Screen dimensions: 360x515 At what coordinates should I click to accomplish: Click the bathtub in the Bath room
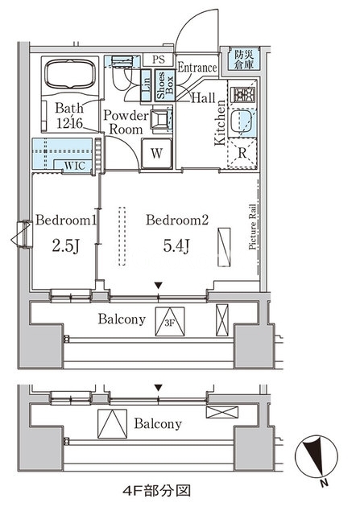[70, 74]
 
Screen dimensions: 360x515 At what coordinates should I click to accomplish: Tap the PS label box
[159, 60]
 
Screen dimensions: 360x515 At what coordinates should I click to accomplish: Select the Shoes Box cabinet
[165, 85]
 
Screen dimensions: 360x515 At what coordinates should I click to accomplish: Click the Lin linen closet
[146, 85]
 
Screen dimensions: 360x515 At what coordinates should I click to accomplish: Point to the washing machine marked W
[157, 154]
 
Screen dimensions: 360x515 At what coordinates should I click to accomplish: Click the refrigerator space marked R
[242, 153]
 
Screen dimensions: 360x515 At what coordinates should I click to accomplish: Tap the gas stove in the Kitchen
[242, 95]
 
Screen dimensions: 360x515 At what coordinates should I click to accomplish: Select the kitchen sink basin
[241, 121]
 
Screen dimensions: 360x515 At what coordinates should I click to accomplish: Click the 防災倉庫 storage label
[244, 59]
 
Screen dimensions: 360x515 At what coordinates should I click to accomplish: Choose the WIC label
[75, 166]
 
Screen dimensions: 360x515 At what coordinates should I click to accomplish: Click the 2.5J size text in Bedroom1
[66, 245]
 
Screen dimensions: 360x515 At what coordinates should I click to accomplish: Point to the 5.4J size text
[176, 245]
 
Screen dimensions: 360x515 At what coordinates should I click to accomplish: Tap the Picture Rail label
[252, 227]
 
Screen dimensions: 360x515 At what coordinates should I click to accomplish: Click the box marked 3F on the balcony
[170, 322]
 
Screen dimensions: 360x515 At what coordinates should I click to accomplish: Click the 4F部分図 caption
[156, 491]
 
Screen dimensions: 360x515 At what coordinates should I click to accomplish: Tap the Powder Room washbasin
[159, 118]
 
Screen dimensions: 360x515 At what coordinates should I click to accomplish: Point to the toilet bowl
[121, 79]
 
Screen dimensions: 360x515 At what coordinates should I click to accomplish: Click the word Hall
[203, 98]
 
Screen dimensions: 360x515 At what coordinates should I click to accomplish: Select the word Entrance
[197, 68]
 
